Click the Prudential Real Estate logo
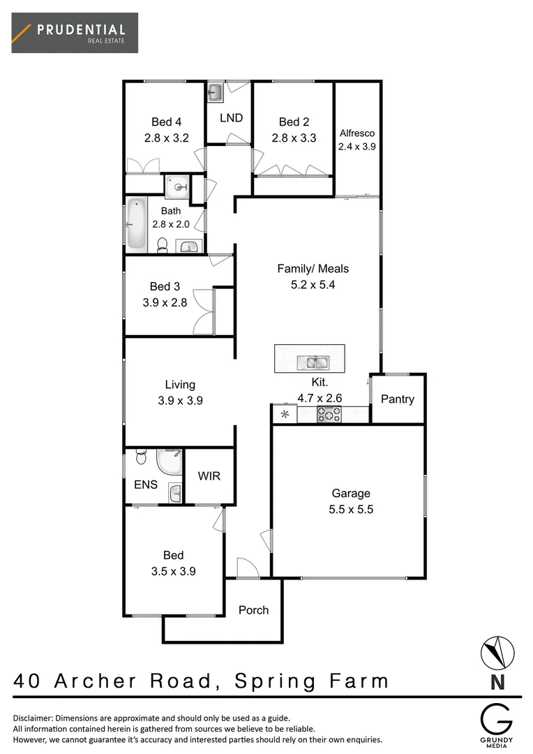pyautogui.click(x=75, y=33)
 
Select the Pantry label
pyautogui.click(x=398, y=399)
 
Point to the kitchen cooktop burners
pyautogui.click(x=329, y=415)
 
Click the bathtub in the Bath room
pyautogui.click(x=136, y=225)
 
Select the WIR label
pyautogui.click(x=209, y=476)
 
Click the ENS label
pyautogui.click(x=146, y=485)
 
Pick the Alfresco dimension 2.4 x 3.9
pyautogui.click(x=356, y=147)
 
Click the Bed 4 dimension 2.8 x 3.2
pyautogui.click(x=167, y=138)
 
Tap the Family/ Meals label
pyautogui.click(x=313, y=268)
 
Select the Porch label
pyautogui.click(x=253, y=609)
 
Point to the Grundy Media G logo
pyautogui.click(x=496, y=718)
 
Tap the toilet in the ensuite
pyautogui.click(x=140, y=457)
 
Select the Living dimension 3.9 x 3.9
pyautogui.click(x=180, y=401)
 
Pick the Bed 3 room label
pyautogui.click(x=165, y=286)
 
